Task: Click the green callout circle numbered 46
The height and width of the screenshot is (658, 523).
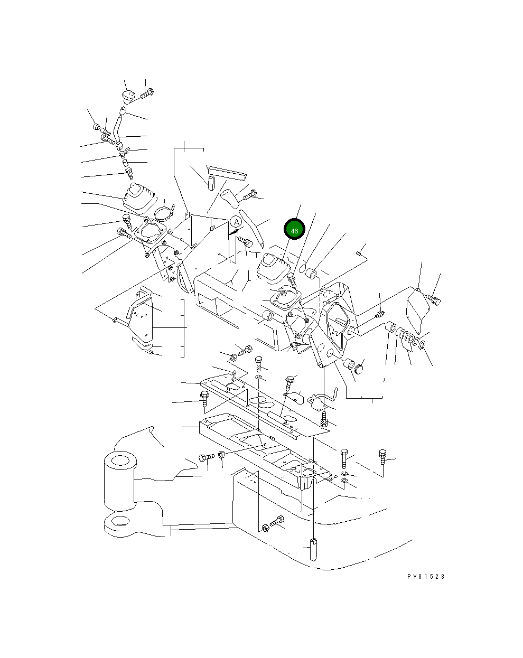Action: tap(294, 229)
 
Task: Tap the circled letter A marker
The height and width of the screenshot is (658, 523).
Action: tap(236, 222)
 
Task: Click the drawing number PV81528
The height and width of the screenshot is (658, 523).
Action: tap(426, 576)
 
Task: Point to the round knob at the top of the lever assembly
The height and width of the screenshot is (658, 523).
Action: tap(128, 96)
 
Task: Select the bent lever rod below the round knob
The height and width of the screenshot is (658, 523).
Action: tap(118, 128)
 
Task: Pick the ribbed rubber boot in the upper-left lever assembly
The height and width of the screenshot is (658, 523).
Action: tap(140, 198)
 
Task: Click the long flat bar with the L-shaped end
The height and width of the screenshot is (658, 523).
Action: tap(227, 173)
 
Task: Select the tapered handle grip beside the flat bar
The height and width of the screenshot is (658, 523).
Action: tap(230, 198)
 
